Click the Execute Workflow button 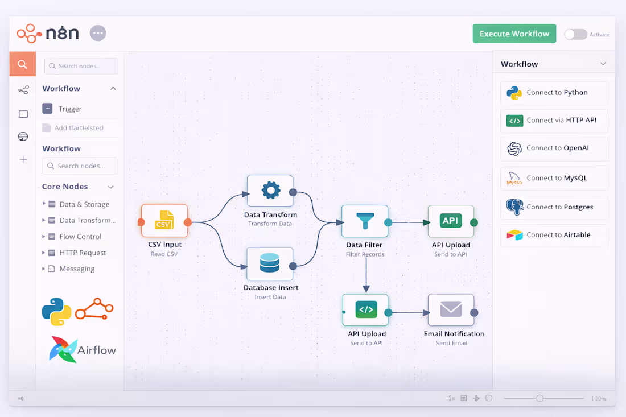(514, 34)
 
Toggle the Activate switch (575, 34)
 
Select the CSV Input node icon (164, 221)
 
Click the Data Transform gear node (270, 191)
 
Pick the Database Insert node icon (270, 263)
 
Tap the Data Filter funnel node (365, 221)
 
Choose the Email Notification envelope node (451, 309)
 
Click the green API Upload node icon (451, 221)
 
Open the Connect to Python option (554, 93)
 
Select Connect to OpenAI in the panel (554, 148)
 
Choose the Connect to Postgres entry (554, 207)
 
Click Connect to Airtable (554, 235)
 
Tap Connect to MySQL (554, 178)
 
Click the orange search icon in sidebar (23, 64)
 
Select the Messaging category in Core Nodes (77, 269)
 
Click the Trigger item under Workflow (70, 109)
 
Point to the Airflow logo (83, 349)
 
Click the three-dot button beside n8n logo (98, 33)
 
